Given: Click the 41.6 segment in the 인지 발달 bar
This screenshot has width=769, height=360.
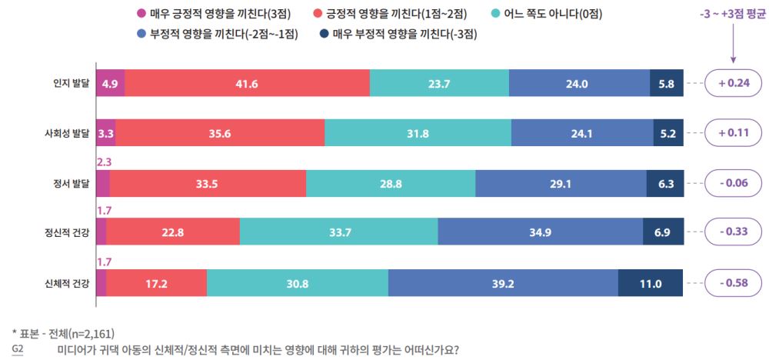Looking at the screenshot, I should pyautogui.click(x=247, y=84).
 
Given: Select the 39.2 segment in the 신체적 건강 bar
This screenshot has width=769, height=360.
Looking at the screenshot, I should pyautogui.click(x=503, y=283).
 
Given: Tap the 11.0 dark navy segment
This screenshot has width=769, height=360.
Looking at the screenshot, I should pyautogui.click(x=651, y=283).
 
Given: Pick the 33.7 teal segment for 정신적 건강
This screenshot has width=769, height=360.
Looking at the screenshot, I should pyautogui.click(x=338, y=233).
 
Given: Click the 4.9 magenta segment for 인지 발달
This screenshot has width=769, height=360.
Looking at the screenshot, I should pyautogui.click(x=110, y=84).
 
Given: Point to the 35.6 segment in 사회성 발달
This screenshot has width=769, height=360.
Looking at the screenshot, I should pyautogui.click(x=220, y=133).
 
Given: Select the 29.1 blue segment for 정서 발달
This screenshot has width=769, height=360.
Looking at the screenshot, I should pyautogui.click(x=561, y=184).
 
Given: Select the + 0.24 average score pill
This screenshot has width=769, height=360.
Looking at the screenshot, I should pyautogui.click(x=732, y=84).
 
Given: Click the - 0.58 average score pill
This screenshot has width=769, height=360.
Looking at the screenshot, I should pyautogui.click(x=732, y=283).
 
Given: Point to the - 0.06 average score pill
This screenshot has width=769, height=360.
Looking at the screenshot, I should pyautogui.click(x=732, y=184).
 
